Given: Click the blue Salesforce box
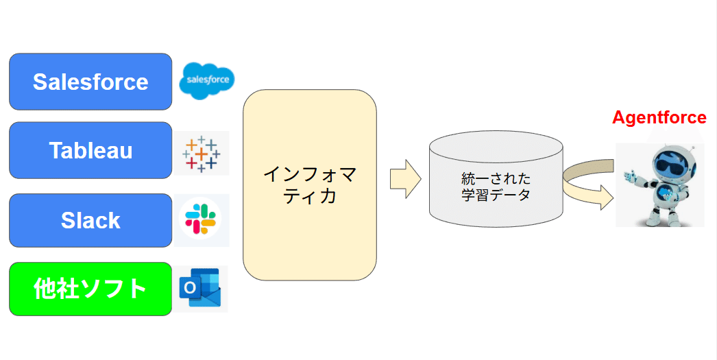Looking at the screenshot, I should click(90, 82).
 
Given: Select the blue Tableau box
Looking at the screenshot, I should click(90, 150).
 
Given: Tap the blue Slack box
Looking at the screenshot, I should click(90, 220).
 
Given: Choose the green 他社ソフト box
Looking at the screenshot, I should click(90, 289).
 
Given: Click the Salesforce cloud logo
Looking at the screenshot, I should click(206, 81).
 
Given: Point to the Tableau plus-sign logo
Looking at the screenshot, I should click(200, 154).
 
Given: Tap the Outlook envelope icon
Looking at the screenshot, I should click(199, 288).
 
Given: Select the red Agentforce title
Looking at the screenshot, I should click(659, 117).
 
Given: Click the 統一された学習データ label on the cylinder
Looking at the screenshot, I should click(496, 187).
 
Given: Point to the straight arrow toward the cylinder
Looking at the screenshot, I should click(405, 179).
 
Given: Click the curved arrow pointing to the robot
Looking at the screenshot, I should click(587, 184).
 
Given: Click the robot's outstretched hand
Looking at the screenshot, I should click(628, 176).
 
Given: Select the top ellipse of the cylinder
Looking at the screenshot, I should click(496, 145).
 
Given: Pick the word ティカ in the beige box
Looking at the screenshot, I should click(309, 197).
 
